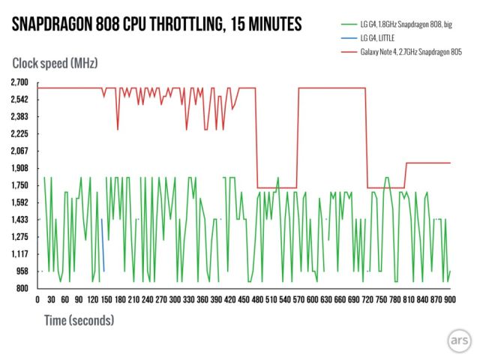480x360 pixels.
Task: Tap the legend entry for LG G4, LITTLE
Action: pyautogui.click(x=376, y=37)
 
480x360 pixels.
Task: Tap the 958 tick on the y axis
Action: pyautogui.click(x=20, y=271)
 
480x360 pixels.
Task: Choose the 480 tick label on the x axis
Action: pyautogui.click(x=258, y=299)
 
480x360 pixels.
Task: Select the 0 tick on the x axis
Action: pyautogui.click(x=37, y=299)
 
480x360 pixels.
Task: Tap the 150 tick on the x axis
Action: pyautogui.click(x=106, y=299)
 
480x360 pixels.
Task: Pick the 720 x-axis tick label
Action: pyautogui.click(x=367, y=299)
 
